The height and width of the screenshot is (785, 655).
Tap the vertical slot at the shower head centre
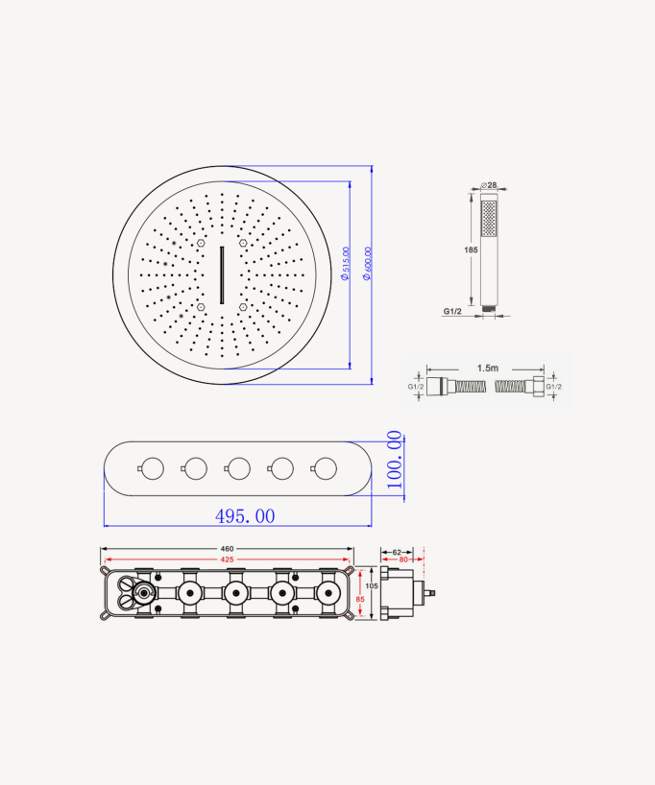(x=222, y=274)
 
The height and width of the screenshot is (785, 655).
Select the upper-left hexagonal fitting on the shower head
(x=201, y=245)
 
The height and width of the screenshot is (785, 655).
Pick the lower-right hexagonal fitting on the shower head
(x=244, y=307)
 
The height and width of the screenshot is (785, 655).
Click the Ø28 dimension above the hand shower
(x=490, y=185)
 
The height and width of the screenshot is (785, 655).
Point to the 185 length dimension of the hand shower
(x=471, y=250)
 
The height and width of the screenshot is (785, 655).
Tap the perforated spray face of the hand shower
(x=490, y=219)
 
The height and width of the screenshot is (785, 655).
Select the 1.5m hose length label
(x=487, y=368)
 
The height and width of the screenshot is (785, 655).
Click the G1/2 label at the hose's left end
(x=416, y=387)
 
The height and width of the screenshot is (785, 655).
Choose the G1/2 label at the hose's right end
(x=552, y=387)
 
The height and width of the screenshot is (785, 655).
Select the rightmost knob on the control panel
(x=325, y=468)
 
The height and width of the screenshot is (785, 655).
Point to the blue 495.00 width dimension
(x=245, y=516)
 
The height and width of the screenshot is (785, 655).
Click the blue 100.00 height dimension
(x=394, y=461)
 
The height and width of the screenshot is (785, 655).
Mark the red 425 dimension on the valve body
(x=227, y=559)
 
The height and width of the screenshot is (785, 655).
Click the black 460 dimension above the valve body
(x=227, y=550)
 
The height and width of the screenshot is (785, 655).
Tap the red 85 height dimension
(x=361, y=600)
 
